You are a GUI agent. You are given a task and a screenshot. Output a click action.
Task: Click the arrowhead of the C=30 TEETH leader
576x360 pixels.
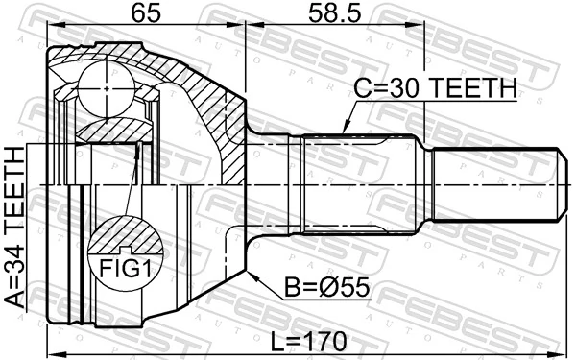pos(344,132)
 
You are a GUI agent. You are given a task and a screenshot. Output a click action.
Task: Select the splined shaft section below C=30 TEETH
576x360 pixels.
pos(360,184)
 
